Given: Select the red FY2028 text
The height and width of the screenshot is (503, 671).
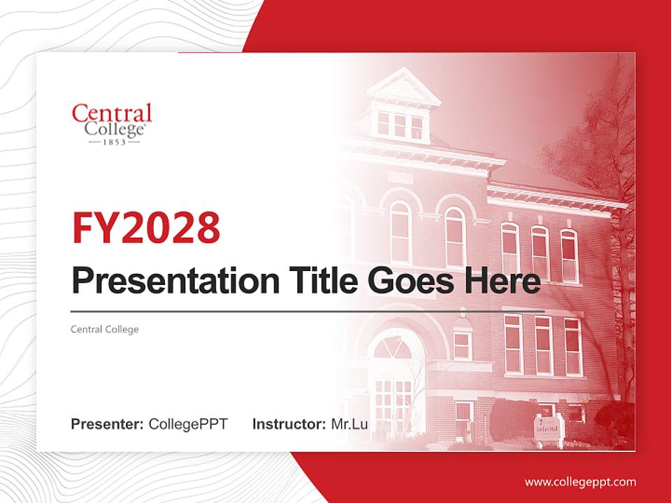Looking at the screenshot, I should pos(146,228).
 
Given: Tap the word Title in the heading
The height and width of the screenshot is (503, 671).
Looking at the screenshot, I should pos(321,281).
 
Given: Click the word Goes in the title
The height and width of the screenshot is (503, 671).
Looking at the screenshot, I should pos(410,281).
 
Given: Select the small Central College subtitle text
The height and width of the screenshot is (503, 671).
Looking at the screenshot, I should pos(105,329).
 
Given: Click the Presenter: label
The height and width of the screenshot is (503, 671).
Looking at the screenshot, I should pos(108,423).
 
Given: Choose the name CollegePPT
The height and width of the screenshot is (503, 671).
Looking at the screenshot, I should pos(188,423).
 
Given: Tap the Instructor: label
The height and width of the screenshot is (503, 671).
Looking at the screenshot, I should pos(289,423).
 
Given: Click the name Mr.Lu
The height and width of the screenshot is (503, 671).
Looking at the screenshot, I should pos(349,423).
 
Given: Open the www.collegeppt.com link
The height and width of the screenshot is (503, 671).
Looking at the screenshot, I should pos(580,481).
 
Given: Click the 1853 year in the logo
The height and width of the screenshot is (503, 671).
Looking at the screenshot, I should pos(112,142).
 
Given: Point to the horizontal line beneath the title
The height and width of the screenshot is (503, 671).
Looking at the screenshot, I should pos(308,310).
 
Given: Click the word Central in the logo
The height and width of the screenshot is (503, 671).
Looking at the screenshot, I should pos(112,112).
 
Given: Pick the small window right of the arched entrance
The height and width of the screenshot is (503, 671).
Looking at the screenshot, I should pos(462,345).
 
